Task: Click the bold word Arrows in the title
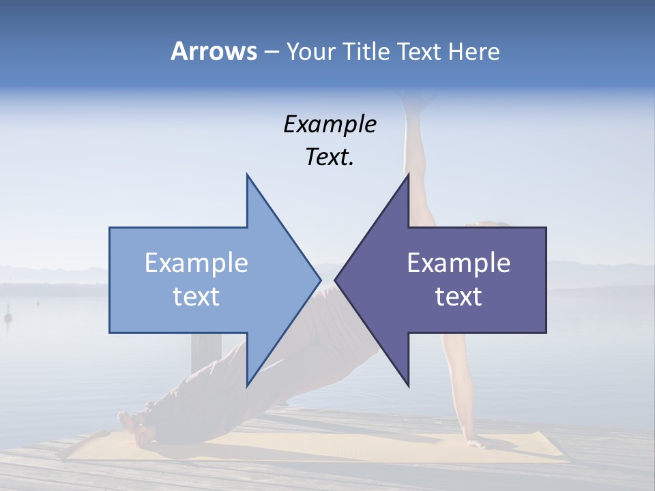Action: point(214,51)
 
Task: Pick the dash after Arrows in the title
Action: point(271,53)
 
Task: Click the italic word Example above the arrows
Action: point(330,124)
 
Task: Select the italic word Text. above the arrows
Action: point(330,158)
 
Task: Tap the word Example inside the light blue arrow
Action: point(196,263)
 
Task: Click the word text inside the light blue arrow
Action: point(196,297)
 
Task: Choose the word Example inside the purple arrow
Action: point(458,263)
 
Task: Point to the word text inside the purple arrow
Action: point(458,297)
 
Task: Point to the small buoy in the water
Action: point(9,317)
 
